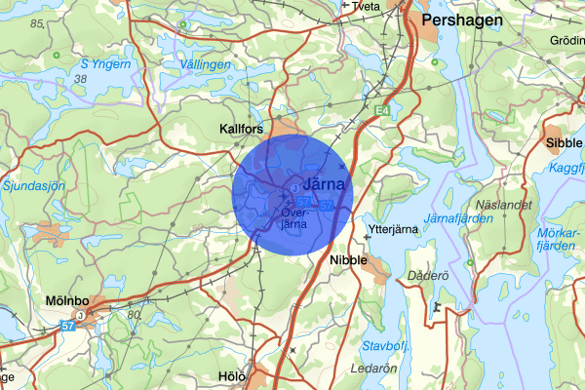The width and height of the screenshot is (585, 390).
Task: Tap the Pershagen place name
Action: (456, 19)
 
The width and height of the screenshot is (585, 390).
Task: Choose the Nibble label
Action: (348, 260)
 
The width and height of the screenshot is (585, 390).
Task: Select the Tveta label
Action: (367, 6)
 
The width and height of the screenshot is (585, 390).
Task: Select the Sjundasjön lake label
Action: (33, 184)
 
